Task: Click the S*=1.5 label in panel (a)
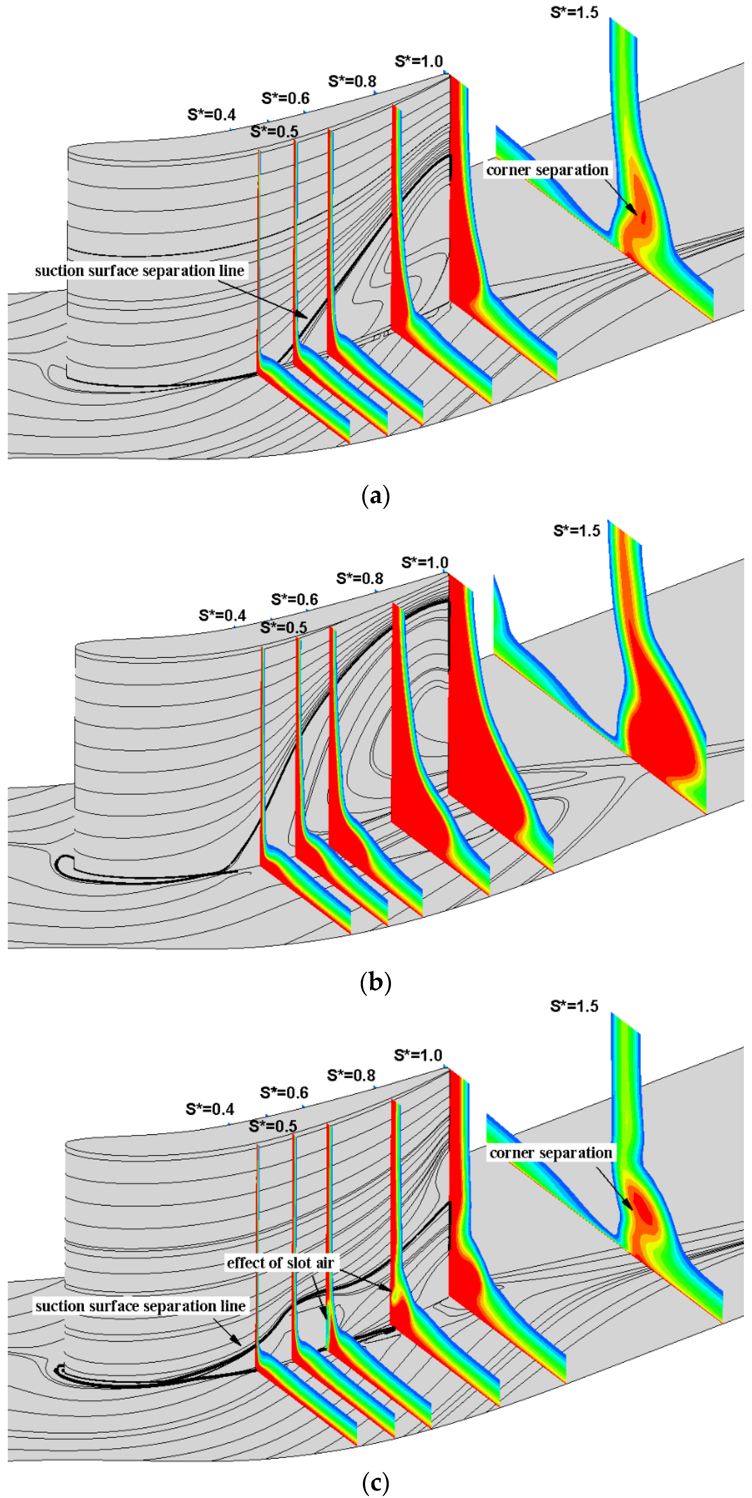[574, 12]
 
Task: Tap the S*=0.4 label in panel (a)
[211, 115]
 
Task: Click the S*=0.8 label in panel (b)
[359, 579]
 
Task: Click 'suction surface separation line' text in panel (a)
[140, 270]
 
